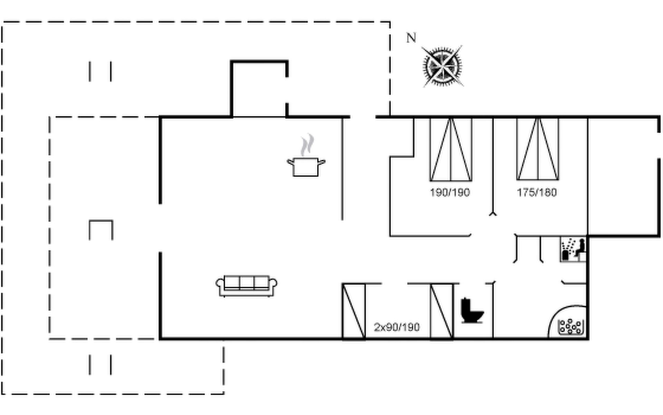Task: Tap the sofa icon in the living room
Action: click(246, 286)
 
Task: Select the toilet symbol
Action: click(472, 311)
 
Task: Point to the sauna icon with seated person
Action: click(573, 249)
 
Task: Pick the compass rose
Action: click(443, 66)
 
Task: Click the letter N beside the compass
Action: click(411, 38)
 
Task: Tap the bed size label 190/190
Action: click(450, 192)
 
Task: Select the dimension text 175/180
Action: click(537, 192)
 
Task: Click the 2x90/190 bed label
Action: click(397, 327)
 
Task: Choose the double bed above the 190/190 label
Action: click(451, 149)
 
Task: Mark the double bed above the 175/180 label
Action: click(538, 149)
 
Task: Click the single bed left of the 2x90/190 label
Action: click(354, 311)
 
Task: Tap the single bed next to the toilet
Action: click(442, 311)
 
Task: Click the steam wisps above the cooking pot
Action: click(307, 145)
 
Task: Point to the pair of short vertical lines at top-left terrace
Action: click(100, 72)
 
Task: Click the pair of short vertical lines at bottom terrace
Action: click(100, 365)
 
